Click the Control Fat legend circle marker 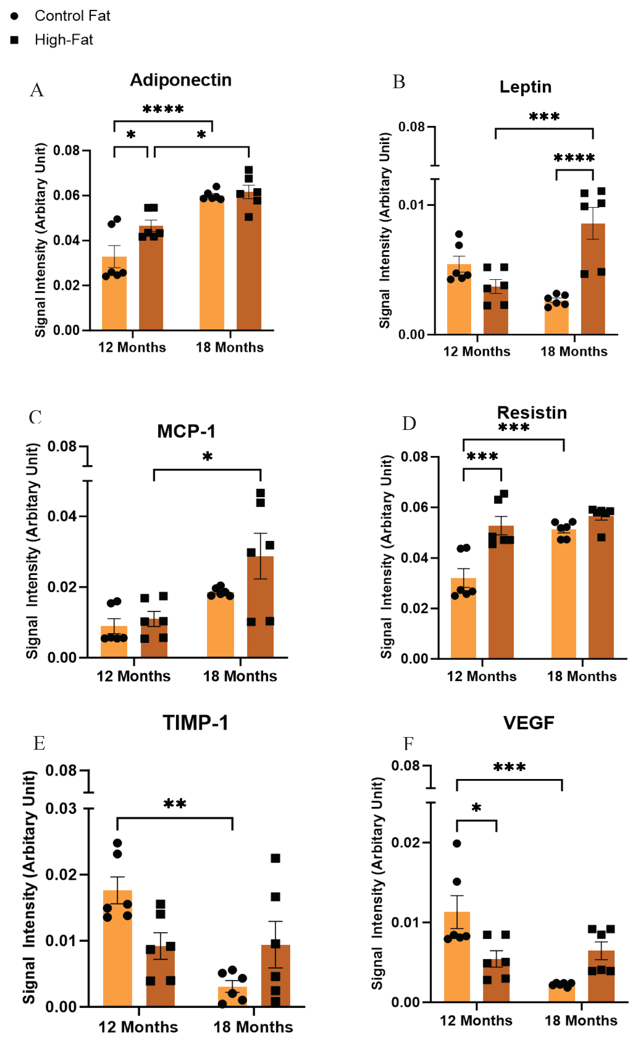click(14, 16)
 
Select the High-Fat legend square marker click(14, 40)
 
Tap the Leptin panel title click(525, 87)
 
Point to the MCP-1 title click(186, 431)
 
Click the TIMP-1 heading click(196, 723)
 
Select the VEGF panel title click(529, 723)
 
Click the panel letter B click(399, 82)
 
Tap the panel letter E click(39, 743)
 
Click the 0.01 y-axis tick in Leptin click(411, 205)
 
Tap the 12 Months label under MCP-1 click(133, 676)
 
